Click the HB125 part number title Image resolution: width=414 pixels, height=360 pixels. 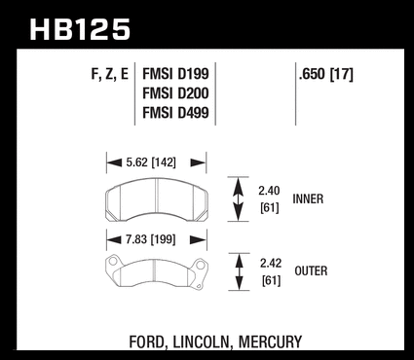coord(80,29)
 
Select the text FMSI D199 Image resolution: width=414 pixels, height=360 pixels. coord(175,74)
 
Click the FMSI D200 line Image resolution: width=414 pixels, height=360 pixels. coord(175,93)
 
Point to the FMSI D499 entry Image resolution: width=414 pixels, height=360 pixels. coord(175,113)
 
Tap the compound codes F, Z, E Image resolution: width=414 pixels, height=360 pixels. coord(110,75)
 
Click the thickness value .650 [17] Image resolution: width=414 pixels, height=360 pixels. coord(325,75)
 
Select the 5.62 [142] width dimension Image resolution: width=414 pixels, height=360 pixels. coord(151,162)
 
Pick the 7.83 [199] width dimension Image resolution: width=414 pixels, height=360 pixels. coord(151,239)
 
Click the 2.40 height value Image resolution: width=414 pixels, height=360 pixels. coord(269,191)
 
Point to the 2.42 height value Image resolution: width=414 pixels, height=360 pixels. coord(271,263)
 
